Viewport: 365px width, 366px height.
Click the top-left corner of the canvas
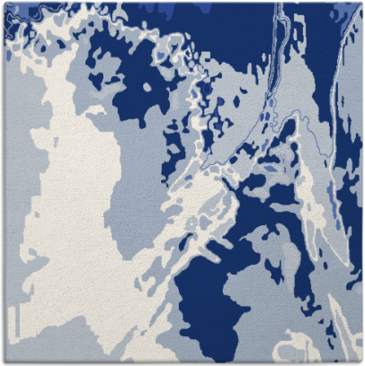(x=2, y=2)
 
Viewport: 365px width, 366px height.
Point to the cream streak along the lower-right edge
(x=346, y=323)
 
